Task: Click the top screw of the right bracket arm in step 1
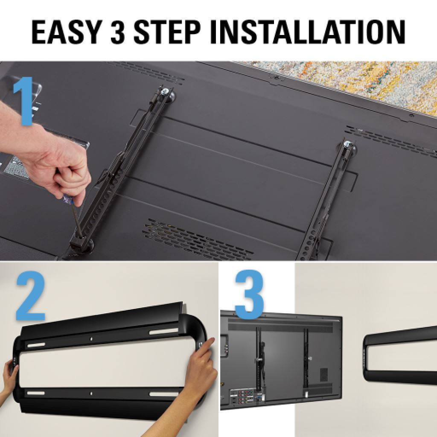(348, 145)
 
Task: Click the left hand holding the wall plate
(9, 376)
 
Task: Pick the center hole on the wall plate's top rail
(91, 338)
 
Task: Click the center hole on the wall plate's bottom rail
(91, 393)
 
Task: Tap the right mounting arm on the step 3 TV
(306, 358)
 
